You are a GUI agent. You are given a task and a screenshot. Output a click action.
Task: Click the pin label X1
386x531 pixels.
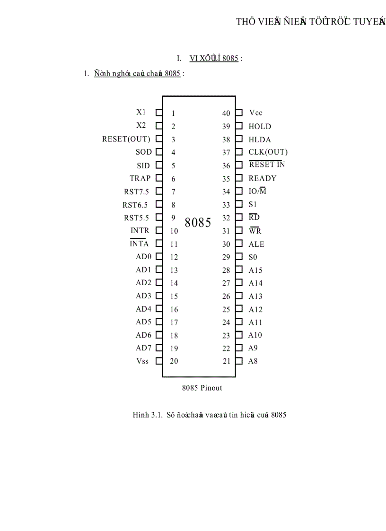(x=141, y=113)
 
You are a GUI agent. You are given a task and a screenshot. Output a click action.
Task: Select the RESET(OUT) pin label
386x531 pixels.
(x=126, y=139)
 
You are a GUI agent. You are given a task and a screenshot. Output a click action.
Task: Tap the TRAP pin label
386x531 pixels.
(x=140, y=178)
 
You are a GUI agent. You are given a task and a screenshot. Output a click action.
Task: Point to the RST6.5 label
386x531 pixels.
(x=135, y=205)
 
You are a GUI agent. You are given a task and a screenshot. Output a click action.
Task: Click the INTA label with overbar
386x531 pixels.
(x=140, y=244)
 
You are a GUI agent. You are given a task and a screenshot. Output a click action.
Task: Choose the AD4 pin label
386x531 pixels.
(x=144, y=309)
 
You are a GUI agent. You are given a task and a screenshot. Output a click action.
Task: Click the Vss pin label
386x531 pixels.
(x=142, y=361)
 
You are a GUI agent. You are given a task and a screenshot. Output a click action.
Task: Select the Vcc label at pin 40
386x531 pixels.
(x=255, y=113)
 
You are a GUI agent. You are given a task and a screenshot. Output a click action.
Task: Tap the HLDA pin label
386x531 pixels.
(x=260, y=140)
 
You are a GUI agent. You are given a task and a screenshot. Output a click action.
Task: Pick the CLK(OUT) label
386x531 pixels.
(x=268, y=152)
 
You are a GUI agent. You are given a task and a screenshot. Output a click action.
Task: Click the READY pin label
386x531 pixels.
(x=263, y=178)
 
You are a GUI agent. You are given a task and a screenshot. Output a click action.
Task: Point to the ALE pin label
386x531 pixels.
(x=256, y=244)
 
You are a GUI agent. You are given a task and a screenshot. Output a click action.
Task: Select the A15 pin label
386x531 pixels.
(x=255, y=270)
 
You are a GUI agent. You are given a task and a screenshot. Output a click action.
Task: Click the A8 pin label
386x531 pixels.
(x=253, y=361)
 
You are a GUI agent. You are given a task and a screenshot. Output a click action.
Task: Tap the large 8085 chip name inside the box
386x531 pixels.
(x=198, y=223)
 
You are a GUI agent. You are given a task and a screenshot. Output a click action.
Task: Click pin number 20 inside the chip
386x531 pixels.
(x=174, y=361)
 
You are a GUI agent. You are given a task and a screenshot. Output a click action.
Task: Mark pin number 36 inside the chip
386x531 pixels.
(x=226, y=165)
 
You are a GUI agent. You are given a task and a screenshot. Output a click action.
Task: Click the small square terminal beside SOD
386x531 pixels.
(x=159, y=152)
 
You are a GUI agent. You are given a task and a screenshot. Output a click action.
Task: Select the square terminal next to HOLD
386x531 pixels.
(x=239, y=126)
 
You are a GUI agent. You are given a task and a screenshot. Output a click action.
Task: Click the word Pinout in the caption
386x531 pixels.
(x=211, y=388)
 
